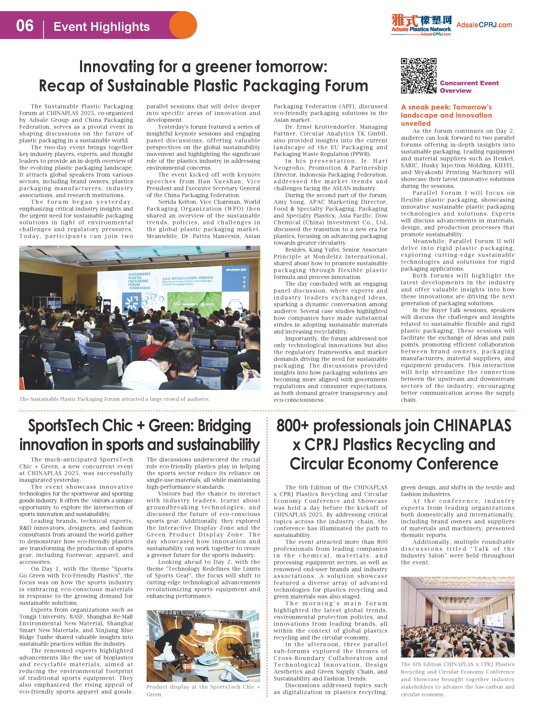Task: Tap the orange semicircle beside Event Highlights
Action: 184,25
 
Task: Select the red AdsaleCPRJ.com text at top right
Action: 484,25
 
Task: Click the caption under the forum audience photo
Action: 114,399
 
